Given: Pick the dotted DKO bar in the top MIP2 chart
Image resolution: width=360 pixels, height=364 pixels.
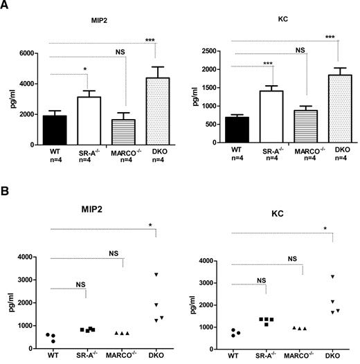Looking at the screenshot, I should (156, 111).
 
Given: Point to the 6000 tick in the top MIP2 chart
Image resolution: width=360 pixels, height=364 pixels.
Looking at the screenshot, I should (37, 53).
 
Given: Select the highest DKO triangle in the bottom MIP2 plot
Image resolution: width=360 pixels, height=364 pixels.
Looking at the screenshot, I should (156, 275).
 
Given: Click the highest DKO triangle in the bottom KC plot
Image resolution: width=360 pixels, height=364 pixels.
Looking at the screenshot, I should (332, 277).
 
